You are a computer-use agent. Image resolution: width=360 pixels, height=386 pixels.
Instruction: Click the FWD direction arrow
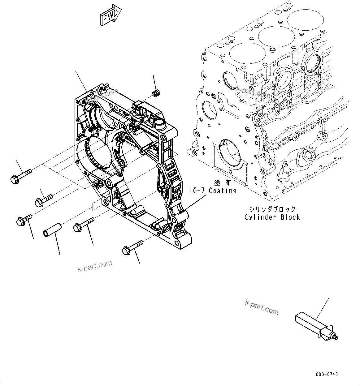[x=110, y=15]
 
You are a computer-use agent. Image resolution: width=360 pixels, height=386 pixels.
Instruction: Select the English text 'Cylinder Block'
[x=272, y=217]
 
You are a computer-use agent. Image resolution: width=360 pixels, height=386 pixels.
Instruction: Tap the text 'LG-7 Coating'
[x=213, y=191]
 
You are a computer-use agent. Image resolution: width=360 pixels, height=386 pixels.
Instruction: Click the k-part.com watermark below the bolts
[x=95, y=266]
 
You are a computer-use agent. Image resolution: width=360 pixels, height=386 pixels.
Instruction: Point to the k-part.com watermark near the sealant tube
[x=262, y=307]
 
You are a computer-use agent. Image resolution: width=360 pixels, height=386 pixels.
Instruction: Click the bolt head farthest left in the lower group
[x=20, y=221]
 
